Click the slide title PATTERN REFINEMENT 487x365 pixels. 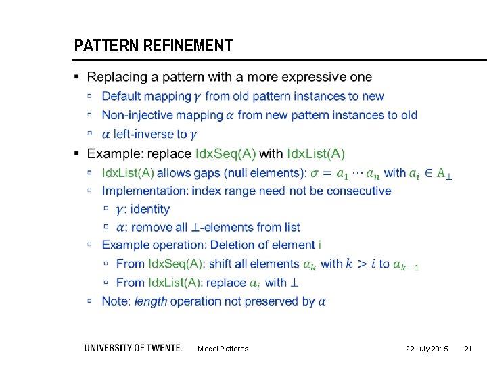pyautogui.click(x=153, y=46)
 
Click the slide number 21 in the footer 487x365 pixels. pyautogui.click(x=467, y=349)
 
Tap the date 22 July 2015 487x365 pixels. pyautogui.click(x=426, y=349)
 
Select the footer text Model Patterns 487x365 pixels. pyautogui.click(x=223, y=349)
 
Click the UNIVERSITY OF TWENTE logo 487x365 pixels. pyautogui.click(x=133, y=348)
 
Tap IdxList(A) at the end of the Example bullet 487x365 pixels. pyautogui.click(x=315, y=153)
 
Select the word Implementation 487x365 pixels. pyautogui.click(x=145, y=191)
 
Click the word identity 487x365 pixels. pyautogui.click(x=152, y=209)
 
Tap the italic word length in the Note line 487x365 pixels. pyautogui.click(x=151, y=301)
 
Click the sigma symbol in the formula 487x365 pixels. pyautogui.click(x=315, y=173)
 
